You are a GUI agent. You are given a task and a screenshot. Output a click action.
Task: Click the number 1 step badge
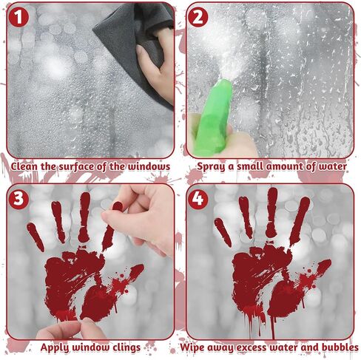point(18,17)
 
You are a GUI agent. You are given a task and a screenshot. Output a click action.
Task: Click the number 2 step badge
point(198,17)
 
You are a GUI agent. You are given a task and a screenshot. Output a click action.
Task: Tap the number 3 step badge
point(18,199)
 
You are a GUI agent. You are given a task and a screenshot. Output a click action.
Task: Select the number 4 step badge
point(198,199)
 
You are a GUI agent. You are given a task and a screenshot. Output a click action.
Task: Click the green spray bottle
point(213,119)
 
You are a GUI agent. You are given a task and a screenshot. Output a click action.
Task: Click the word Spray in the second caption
point(211,167)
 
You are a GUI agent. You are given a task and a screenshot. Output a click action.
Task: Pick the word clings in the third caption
point(126,347)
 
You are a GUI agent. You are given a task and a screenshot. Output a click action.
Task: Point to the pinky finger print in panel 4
point(223,232)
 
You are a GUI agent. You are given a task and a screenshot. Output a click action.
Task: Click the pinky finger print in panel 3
point(36,237)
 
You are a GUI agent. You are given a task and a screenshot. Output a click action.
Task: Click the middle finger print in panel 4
point(271,212)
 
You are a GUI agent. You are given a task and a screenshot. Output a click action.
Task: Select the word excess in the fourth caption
point(252,347)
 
